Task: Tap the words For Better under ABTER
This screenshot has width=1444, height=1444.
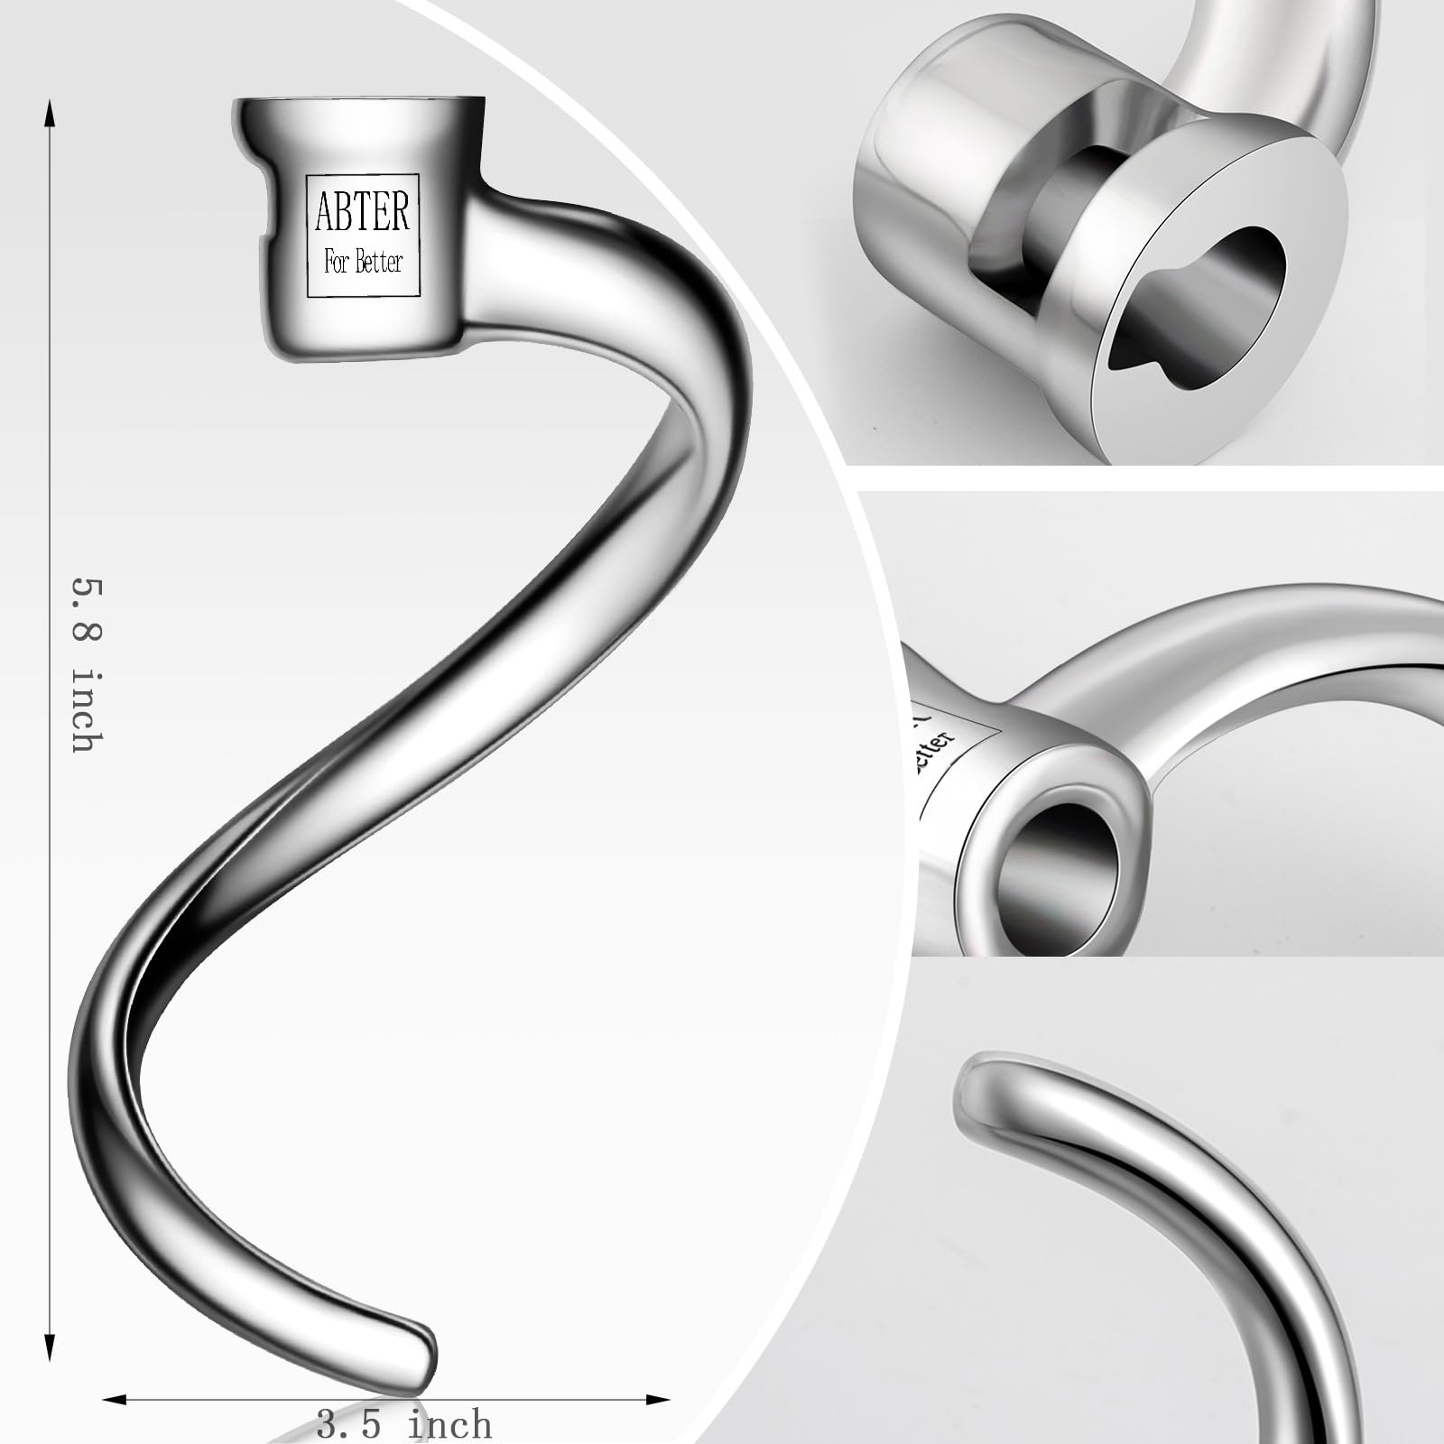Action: pyautogui.click(x=363, y=263)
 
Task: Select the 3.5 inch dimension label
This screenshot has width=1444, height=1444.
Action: pyautogui.click(x=404, y=1424)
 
